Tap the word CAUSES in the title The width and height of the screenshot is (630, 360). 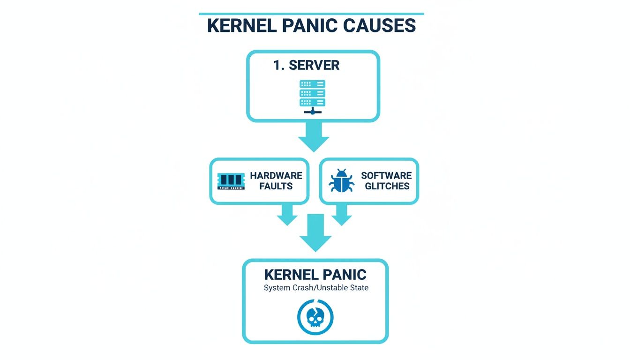click(x=380, y=26)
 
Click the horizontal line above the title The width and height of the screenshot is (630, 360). click(x=311, y=14)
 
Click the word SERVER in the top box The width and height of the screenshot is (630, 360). click(x=314, y=65)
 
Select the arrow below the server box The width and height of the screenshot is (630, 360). click(x=314, y=137)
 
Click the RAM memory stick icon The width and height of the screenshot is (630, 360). click(x=231, y=181)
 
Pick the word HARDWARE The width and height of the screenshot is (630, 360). click(x=276, y=176)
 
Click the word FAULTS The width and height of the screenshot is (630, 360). click(x=277, y=186)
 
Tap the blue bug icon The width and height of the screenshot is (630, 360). click(x=342, y=181)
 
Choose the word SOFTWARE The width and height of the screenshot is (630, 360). click(x=386, y=176)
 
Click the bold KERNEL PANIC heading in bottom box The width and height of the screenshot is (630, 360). click(x=315, y=275)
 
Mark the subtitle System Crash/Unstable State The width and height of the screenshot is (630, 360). click(x=316, y=288)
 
